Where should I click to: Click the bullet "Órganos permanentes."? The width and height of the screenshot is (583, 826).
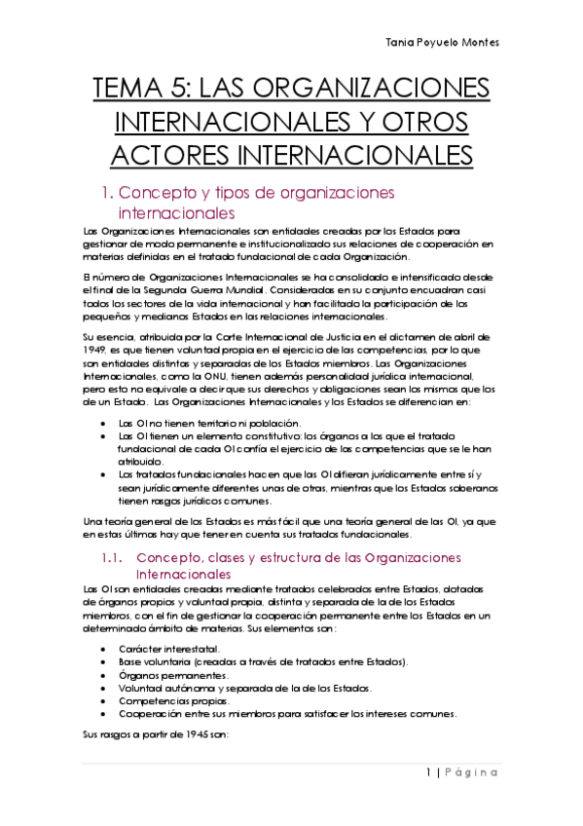(174, 674)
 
